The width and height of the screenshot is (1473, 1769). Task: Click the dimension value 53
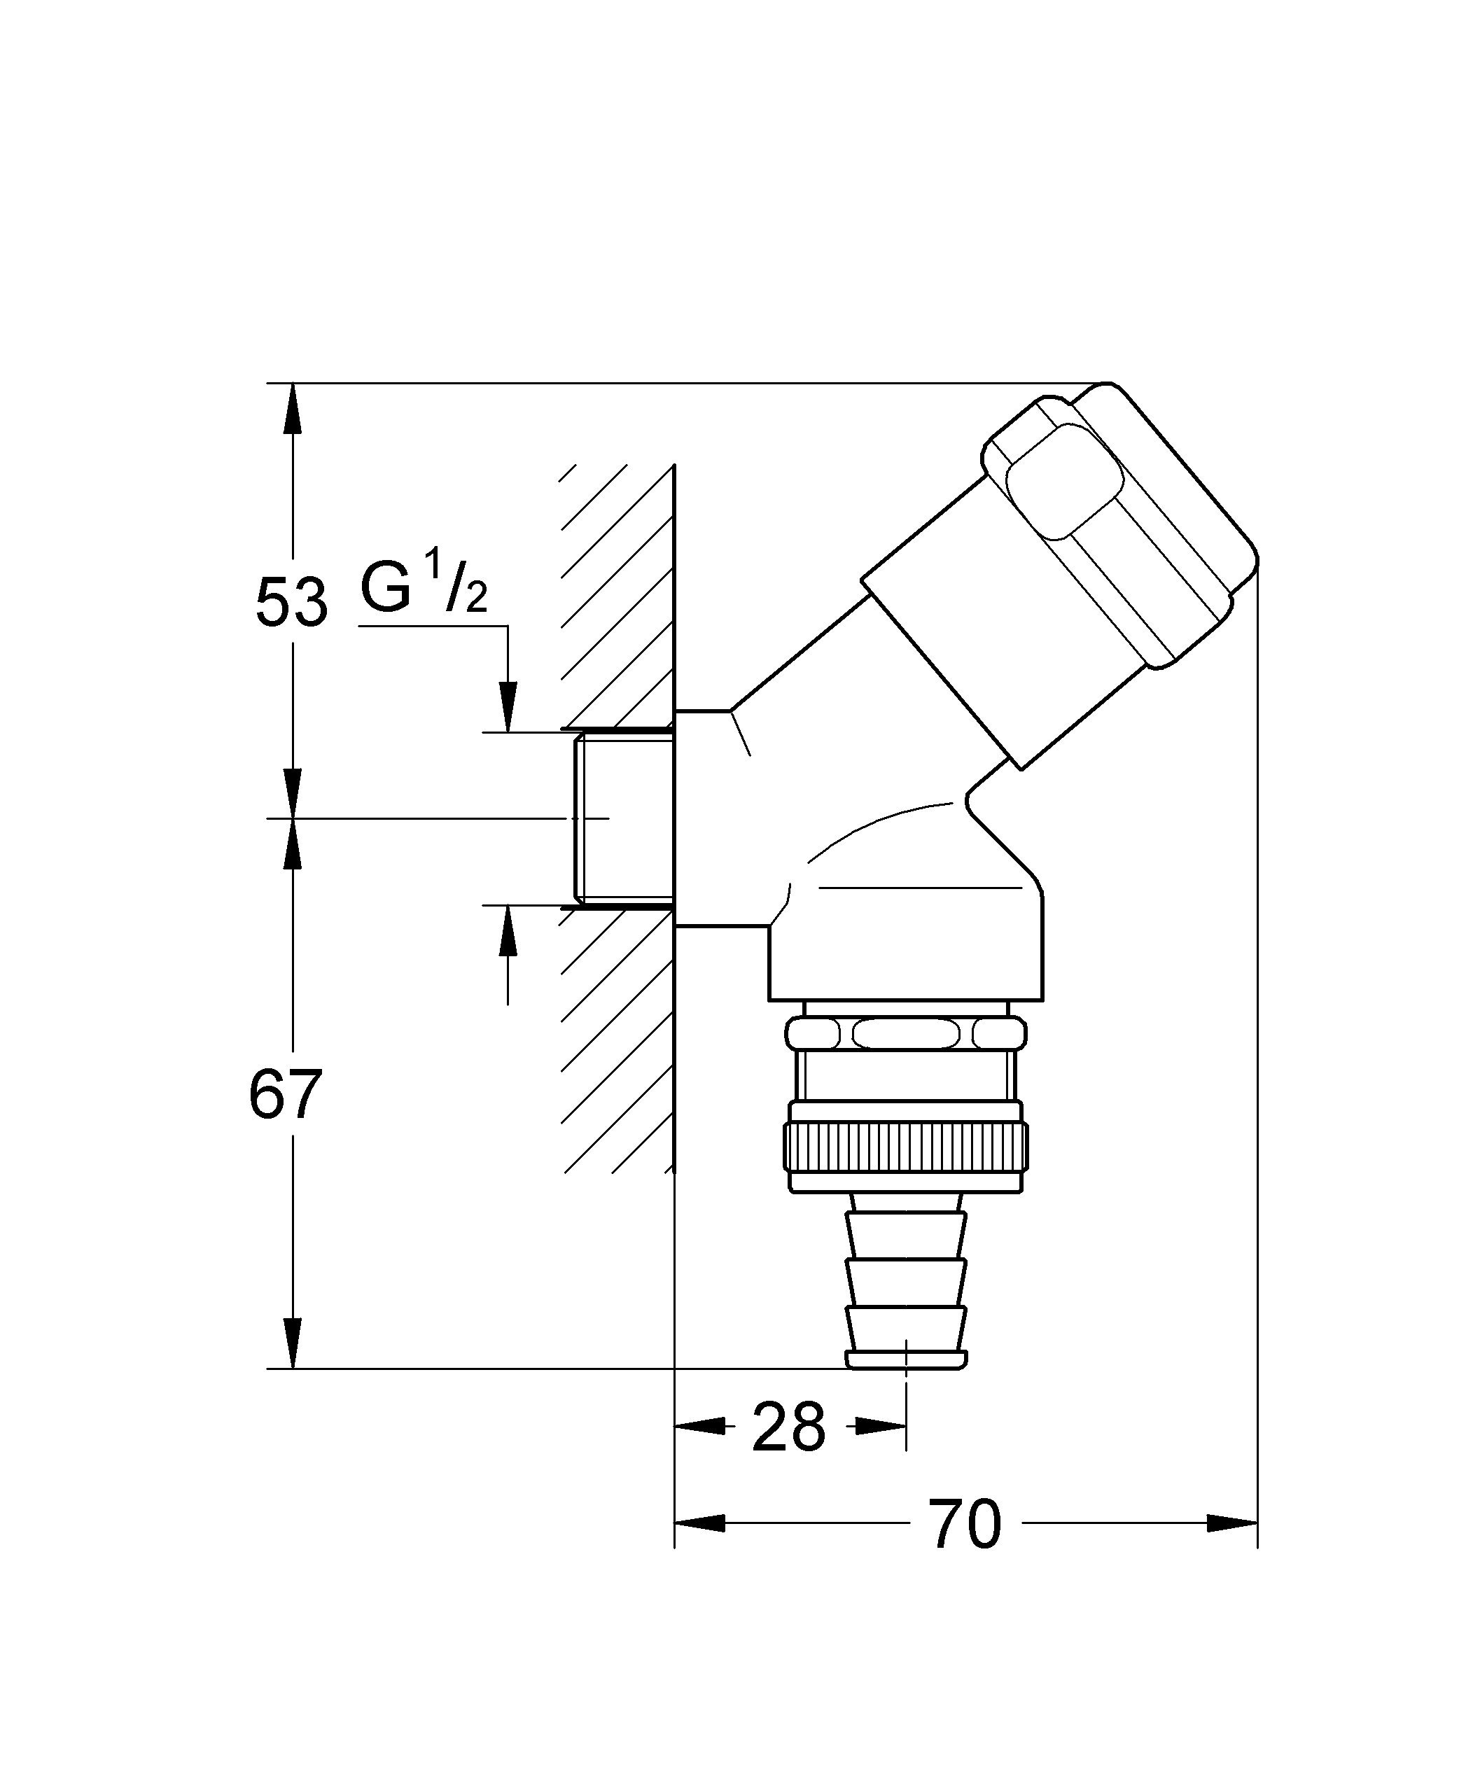[x=291, y=603]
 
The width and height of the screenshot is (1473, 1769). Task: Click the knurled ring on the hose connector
[x=907, y=1148]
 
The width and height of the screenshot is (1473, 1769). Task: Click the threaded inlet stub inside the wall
[x=624, y=818]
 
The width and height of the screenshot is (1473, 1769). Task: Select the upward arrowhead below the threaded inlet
[x=508, y=932]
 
